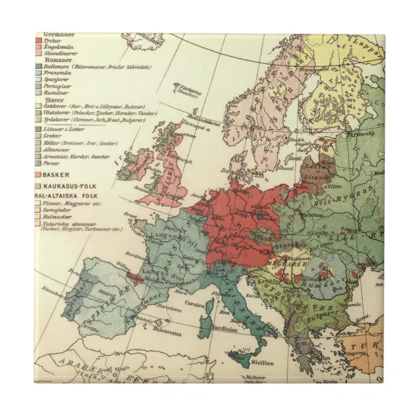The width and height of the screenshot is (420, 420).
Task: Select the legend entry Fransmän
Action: tap(57, 73)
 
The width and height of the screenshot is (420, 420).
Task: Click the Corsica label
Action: tap(197, 305)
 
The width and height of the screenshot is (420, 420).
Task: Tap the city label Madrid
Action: tap(98, 294)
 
